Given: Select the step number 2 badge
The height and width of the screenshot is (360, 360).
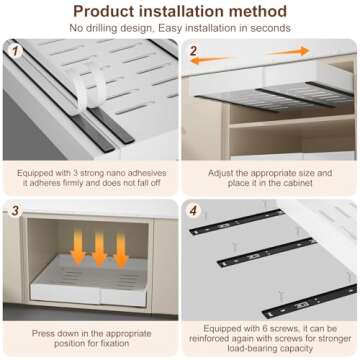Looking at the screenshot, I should pyautogui.click(x=193, y=49).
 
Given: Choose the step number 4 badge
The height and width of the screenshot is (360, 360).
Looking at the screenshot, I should pyautogui.click(x=193, y=211).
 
